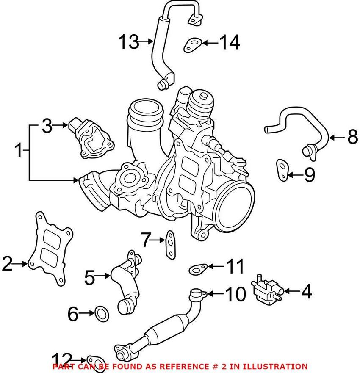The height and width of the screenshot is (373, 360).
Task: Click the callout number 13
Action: coord(128,42)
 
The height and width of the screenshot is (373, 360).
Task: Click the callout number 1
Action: coord(18,151)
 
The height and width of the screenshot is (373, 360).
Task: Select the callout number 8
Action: coord(352,137)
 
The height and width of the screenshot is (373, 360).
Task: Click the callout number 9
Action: coord(310,174)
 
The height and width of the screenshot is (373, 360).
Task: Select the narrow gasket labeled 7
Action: coord(169,245)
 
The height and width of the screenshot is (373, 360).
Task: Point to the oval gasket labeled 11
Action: coord(198,268)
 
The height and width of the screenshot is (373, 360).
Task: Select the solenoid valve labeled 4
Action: coord(266,289)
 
